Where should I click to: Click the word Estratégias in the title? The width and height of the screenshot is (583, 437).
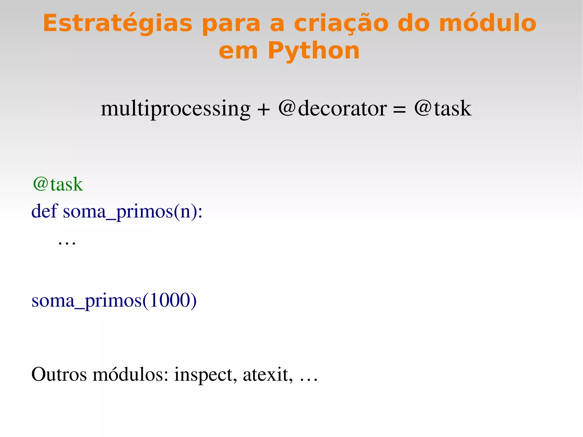118,24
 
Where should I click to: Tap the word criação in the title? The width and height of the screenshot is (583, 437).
341,24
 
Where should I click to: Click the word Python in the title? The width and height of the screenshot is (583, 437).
314,51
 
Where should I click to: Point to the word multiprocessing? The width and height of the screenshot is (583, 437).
175,109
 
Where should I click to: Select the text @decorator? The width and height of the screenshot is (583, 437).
332,108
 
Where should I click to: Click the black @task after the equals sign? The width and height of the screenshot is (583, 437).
443,108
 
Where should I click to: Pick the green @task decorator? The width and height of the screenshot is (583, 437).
58,184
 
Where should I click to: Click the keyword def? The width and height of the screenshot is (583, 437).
44,211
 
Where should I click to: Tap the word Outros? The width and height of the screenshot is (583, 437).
59,374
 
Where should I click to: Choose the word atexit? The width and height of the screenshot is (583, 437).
268,374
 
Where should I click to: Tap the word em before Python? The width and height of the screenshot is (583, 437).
238,52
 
